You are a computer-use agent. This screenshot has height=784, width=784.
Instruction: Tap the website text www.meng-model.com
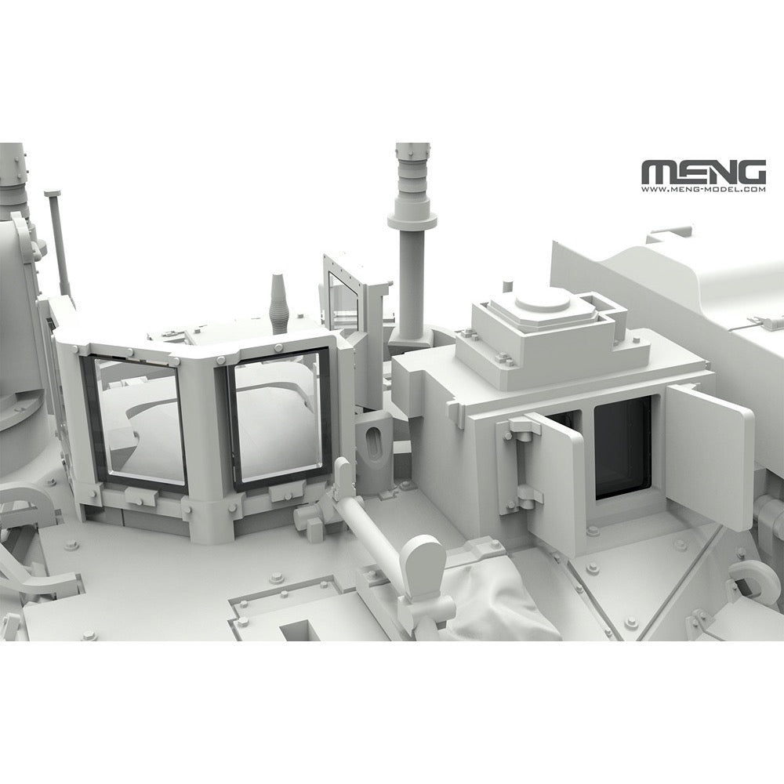703,190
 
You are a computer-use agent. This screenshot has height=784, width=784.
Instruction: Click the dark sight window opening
622,448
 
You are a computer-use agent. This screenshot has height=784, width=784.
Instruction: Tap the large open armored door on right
709,455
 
